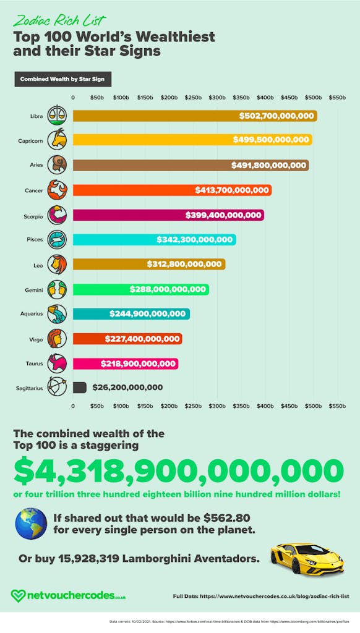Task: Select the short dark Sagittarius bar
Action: (79, 388)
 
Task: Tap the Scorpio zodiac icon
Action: (57, 215)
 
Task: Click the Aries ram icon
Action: (57, 165)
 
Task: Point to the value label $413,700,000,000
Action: (232, 190)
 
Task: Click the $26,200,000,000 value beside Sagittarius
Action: (127, 388)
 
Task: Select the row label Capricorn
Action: (30, 141)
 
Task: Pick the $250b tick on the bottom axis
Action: (193, 406)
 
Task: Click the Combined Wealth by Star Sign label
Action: (62, 80)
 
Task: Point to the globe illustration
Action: (31, 523)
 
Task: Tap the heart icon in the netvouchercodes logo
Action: (19, 596)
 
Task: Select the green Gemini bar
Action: (140, 289)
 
